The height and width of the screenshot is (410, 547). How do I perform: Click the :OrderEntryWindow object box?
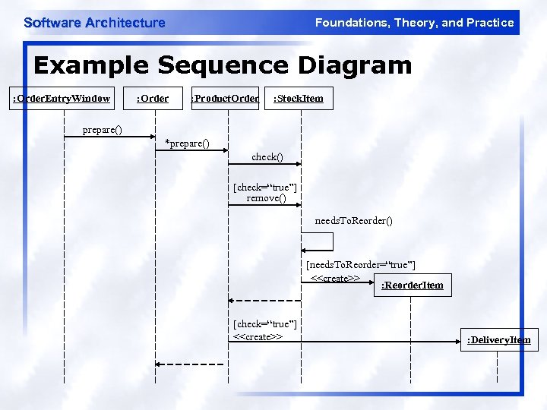click(x=62, y=98)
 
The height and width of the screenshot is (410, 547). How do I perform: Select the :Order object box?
click(x=152, y=98)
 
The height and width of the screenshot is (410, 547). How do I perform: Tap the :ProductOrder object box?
click(x=225, y=98)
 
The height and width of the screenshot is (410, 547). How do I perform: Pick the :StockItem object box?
click(x=298, y=98)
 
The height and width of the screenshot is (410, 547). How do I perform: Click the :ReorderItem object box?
click(x=413, y=285)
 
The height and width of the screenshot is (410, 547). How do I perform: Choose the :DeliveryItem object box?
click(x=498, y=339)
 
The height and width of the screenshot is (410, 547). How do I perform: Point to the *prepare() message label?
click(x=187, y=143)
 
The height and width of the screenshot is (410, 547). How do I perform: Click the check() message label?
click(x=267, y=157)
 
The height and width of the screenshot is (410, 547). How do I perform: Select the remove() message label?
click(x=266, y=198)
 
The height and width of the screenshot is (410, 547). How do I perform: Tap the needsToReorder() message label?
click(x=354, y=221)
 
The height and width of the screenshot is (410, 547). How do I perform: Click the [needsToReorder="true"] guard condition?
click(x=360, y=265)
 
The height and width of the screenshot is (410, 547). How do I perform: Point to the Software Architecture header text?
click(x=94, y=23)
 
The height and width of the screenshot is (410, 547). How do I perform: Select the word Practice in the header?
click(x=490, y=23)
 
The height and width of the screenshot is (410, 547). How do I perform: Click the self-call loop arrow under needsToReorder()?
click(x=319, y=241)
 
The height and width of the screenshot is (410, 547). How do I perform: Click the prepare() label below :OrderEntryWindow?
click(x=102, y=130)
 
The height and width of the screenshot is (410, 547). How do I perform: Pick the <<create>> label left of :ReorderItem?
click(x=335, y=278)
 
